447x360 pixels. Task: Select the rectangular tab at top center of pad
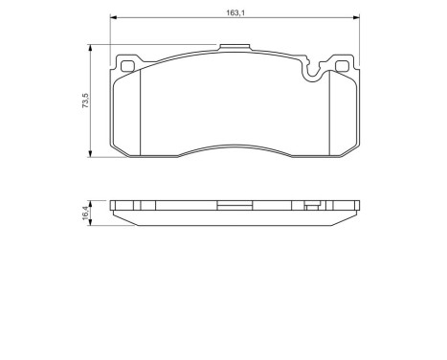point(234,47)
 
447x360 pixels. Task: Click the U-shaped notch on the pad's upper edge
point(311,69)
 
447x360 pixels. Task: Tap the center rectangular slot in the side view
point(234,204)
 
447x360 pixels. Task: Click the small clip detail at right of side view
point(310,204)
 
